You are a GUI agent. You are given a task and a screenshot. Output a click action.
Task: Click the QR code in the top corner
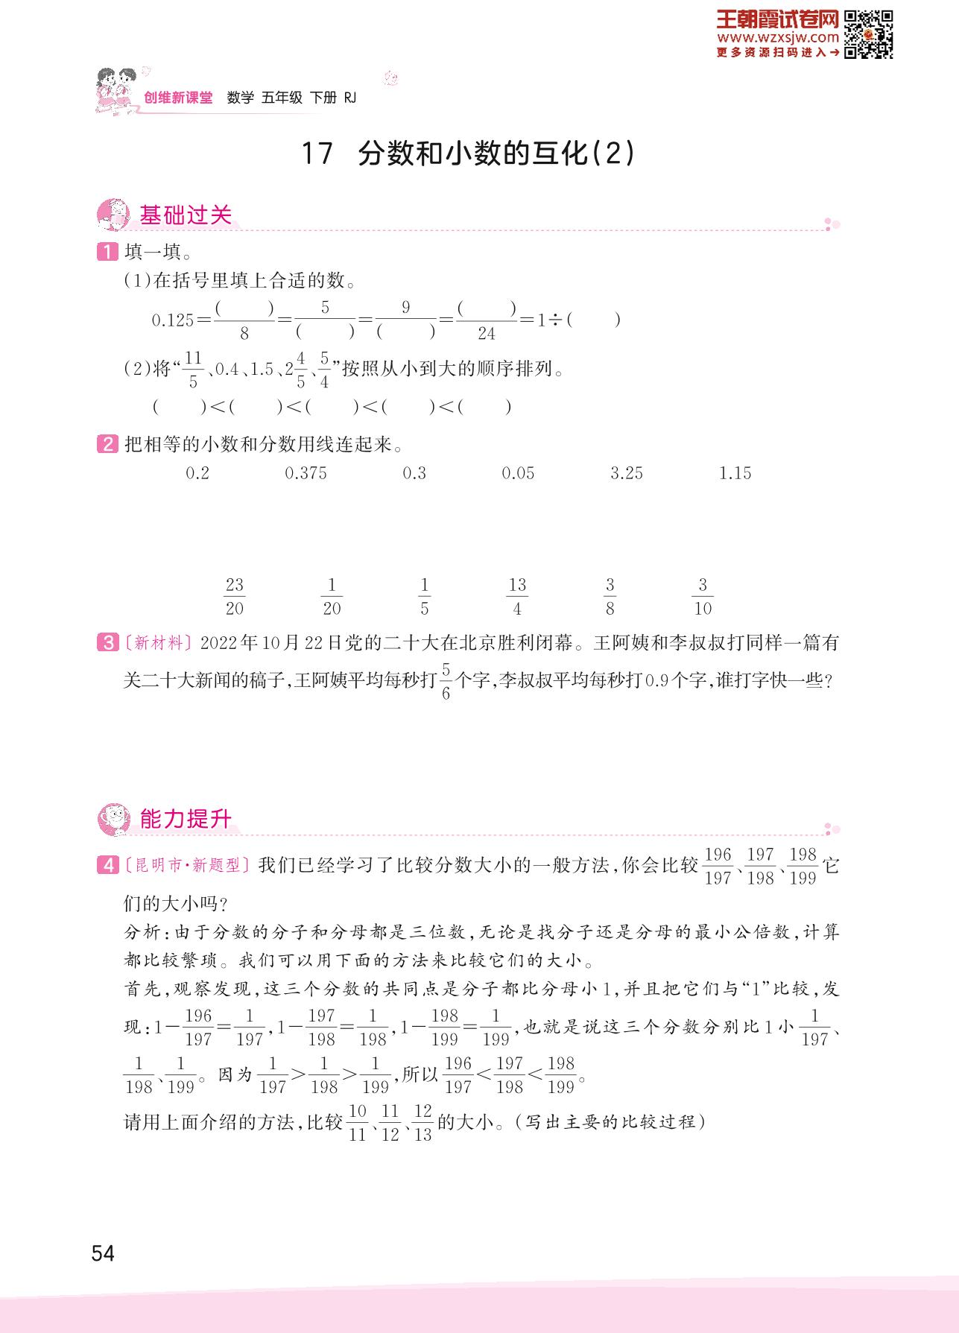click(869, 34)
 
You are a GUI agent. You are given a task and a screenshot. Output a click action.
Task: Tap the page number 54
click(103, 1253)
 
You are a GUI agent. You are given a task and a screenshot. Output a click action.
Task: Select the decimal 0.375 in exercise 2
click(306, 473)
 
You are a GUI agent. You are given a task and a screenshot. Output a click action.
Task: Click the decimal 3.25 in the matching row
click(626, 473)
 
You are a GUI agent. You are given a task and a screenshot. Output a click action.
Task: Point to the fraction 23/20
click(235, 597)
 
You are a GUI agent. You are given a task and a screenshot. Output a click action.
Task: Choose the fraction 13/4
click(517, 597)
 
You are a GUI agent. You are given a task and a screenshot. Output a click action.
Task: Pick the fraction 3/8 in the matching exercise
click(610, 597)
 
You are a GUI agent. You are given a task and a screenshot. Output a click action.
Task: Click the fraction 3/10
click(703, 597)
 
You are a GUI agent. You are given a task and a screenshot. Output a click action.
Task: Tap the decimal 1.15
click(735, 473)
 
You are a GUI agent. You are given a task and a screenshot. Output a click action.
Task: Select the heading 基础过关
click(186, 215)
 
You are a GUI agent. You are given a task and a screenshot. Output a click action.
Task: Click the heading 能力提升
click(186, 820)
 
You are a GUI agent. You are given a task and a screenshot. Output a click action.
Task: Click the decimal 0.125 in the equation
click(172, 320)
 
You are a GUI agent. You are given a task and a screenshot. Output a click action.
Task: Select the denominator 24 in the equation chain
click(487, 334)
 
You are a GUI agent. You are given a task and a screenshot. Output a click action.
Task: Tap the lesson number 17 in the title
click(316, 154)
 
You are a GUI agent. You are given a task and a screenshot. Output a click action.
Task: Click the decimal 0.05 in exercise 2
click(518, 473)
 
